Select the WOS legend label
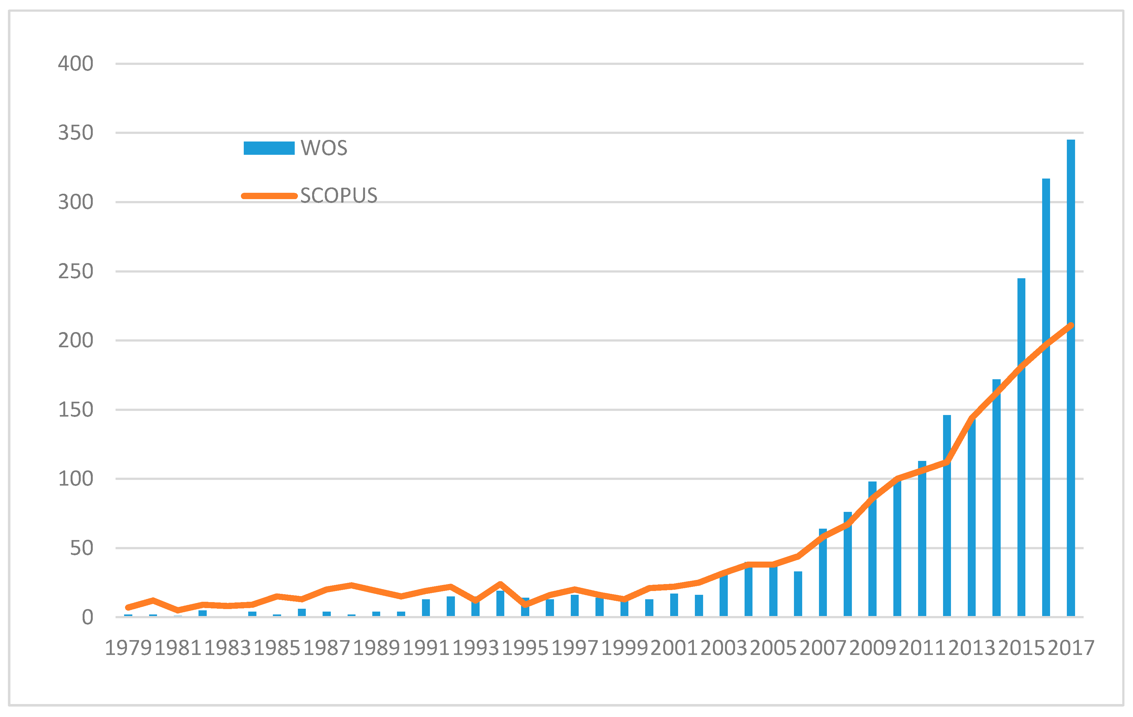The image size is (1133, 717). (324, 148)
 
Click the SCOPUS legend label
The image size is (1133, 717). (339, 196)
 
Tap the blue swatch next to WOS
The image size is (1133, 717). (269, 148)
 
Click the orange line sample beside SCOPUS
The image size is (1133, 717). (269, 196)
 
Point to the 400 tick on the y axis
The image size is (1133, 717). (75, 64)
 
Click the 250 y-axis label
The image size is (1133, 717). (75, 272)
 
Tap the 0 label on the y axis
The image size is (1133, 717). (87, 617)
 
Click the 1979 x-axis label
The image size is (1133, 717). (128, 648)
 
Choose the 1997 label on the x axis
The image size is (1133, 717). (575, 648)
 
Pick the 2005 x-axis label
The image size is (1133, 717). (773, 648)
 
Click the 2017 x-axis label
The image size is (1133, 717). (1071, 648)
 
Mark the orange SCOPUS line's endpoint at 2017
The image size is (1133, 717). (1071, 325)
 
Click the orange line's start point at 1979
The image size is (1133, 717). (128, 607)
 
